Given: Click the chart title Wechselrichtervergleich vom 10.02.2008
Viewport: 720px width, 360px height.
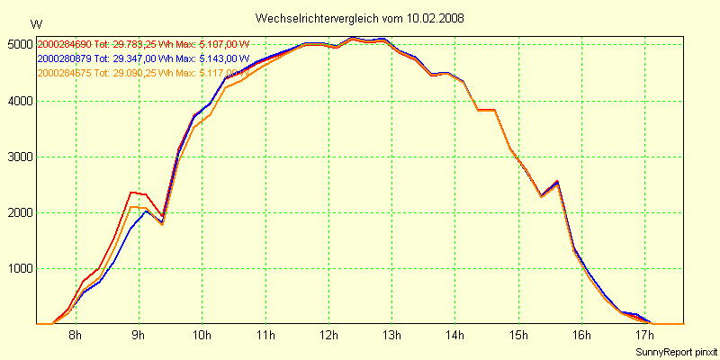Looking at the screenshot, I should click(360, 18).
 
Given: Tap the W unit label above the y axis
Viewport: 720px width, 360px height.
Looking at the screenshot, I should click(35, 23).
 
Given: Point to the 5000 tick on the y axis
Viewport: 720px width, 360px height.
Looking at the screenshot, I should click(19, 44).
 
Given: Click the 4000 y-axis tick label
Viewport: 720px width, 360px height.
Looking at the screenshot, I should click(19, 101).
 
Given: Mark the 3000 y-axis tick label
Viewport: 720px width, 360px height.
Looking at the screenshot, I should click(19, 157).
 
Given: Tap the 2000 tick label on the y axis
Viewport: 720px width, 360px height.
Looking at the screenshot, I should click(19, 212).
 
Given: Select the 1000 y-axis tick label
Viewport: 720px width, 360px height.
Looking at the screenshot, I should click(19, 268).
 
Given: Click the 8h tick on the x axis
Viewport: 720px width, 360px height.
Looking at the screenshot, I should click(76, 337).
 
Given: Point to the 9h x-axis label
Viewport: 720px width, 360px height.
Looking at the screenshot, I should click(139, 337).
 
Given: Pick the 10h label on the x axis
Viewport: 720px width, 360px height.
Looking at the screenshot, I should click(202, 337).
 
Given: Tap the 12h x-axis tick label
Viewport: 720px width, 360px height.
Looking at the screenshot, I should click(329, 337).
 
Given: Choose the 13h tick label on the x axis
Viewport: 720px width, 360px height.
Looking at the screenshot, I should click(392, 337).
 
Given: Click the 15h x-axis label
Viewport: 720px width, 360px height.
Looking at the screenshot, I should click(519, 337).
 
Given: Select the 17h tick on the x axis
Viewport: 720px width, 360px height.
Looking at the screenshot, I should click(646, 337).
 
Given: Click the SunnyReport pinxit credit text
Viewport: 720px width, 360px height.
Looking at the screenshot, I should click(676, 351).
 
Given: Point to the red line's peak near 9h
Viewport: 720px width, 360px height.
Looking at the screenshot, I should click(132, 192).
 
